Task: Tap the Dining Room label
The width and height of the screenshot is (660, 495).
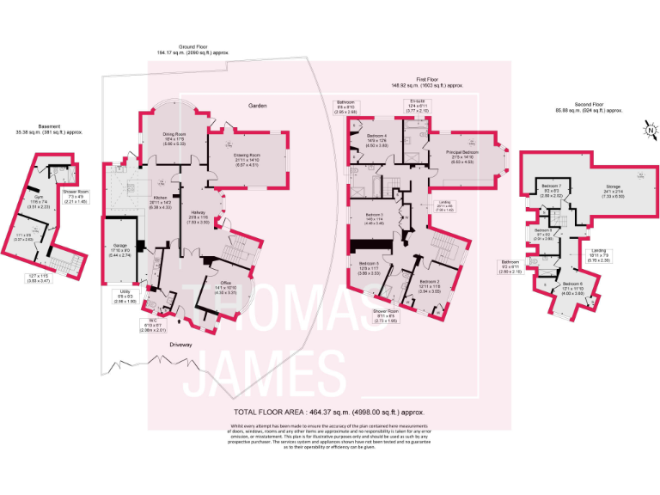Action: click(174, 134)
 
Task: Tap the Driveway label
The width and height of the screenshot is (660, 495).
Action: click(181, 345)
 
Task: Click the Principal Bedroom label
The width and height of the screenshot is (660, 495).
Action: click(462, 152)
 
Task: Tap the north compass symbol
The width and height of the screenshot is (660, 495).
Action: click(651, 130)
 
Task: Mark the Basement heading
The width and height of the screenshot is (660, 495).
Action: click(50, 128)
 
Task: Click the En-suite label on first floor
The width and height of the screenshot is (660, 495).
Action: click(419, 101)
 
